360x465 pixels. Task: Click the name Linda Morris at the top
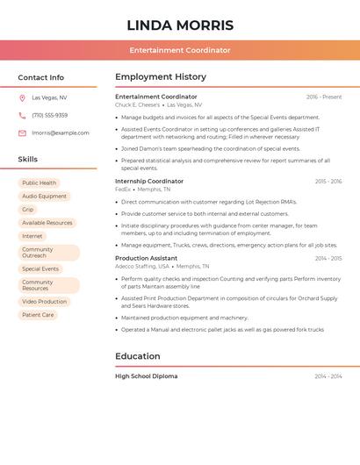(x=180, y=25)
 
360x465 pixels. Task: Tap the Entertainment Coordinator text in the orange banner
(x=180, y=50)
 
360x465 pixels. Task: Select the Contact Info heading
(x=40, y=77)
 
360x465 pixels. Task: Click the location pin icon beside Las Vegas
(x=22, y=98)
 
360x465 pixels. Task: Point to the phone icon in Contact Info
(x=22, y=115)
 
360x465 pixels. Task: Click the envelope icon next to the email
(x=22, y=133)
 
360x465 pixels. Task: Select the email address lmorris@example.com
(x=61, y=133)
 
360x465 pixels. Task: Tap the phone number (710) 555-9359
(x=49, y=115)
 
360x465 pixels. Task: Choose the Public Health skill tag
(x=39, y=183)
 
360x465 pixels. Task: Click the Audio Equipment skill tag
(x=44, y=197)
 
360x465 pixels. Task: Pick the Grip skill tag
(x=28, y=210)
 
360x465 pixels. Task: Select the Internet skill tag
(x=32, y=236)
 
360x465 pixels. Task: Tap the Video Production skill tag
(x=44, y=302)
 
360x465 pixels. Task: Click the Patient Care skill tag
(x=38, y=315)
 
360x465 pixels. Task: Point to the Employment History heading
(x=161, y=77)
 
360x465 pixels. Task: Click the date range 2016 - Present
(x=324, y=97)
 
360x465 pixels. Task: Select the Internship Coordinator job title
(x=149, y=182)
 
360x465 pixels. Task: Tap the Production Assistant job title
(x=146, y=259)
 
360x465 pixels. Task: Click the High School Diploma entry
(x=146, y=376)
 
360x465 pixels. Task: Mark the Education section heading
(x=138, y=356)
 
